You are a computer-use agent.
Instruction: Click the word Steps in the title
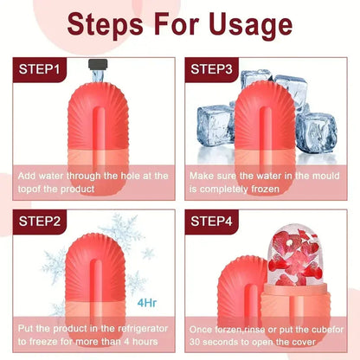pos(109,22)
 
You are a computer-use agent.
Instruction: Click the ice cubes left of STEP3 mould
pos(212,126)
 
